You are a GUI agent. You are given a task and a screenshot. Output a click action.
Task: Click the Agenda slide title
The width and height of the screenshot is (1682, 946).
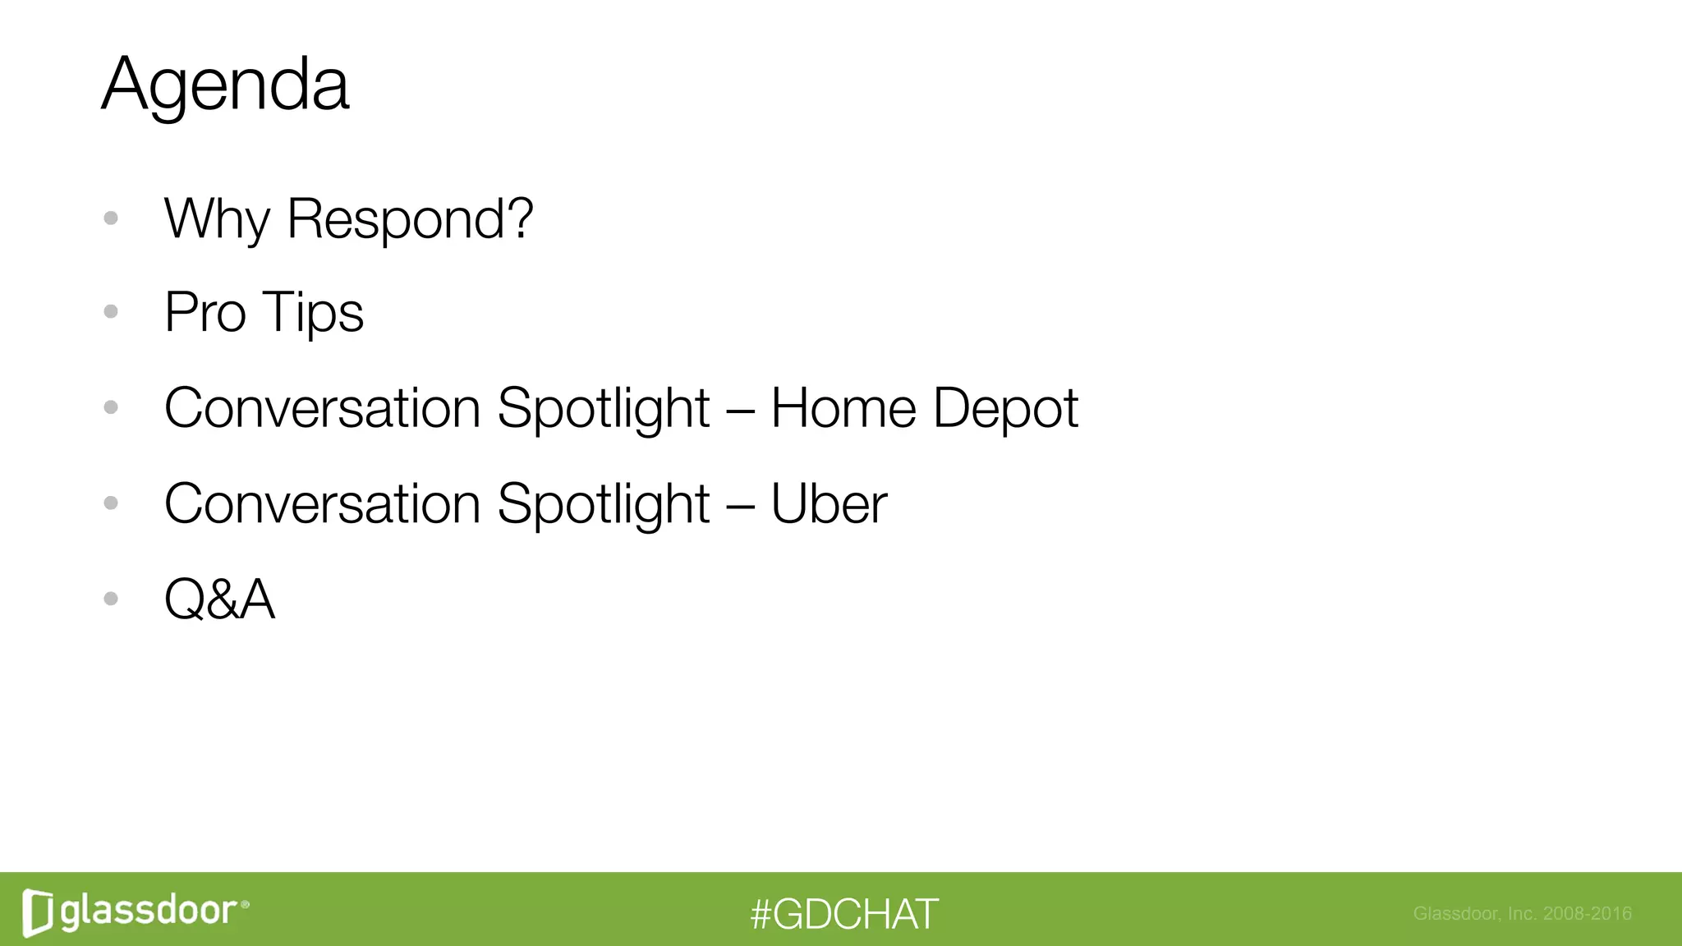pyautogui.click(x=225, y=85)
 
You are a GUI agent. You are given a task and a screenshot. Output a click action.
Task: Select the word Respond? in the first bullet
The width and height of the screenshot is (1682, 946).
pyautogui.click(x=410, y=219)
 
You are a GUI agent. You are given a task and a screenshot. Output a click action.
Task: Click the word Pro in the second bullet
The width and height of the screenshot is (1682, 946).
pyautogui.click(x=205, y=313)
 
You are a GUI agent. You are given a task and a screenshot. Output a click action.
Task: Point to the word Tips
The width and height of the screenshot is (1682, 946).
pyautogui.click(x=312, y=313)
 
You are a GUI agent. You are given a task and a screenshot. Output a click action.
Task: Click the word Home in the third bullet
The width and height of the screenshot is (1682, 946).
pyautogui.click(x=843, y=408)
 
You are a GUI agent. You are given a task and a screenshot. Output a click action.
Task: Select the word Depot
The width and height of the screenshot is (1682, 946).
pyautogui.click(x=1005, y=408)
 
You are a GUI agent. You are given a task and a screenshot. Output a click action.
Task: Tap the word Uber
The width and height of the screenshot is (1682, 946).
pyautogui.click(x=828, y=503)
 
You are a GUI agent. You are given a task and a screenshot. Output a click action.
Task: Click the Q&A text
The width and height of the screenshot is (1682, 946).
pyautogui.click(x=219, y=599)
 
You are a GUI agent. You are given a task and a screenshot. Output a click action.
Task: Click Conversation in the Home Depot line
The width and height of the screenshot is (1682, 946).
pyautogui.click(x=322, y=408)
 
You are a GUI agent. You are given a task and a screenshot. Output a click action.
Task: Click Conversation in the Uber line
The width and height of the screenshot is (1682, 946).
pyautogui.click(x=322, y=503)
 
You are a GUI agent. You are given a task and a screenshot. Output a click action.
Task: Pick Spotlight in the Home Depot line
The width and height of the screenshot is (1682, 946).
pyautogui.click(x=603, y=408)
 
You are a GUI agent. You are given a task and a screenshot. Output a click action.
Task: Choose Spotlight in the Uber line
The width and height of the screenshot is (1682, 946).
pyautogui.click(x=603, y=503)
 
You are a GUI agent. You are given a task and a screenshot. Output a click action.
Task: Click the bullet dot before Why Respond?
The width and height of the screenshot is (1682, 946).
pyautogui.click(x=111, y=218)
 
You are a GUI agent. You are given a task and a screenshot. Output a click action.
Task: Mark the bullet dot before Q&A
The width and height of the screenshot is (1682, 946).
pyautogui.click(x=111, y=599)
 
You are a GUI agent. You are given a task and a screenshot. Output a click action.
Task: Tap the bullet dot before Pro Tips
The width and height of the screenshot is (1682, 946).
pyautogui.click(x=111, y=312)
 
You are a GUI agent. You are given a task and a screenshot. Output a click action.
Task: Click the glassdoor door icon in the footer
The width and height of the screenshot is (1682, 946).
pyautogui.click(x=38, y=912)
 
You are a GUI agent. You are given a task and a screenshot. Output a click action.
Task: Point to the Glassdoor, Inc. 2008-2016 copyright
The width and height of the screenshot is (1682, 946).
pyautogui.click(x=1522, y=913)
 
